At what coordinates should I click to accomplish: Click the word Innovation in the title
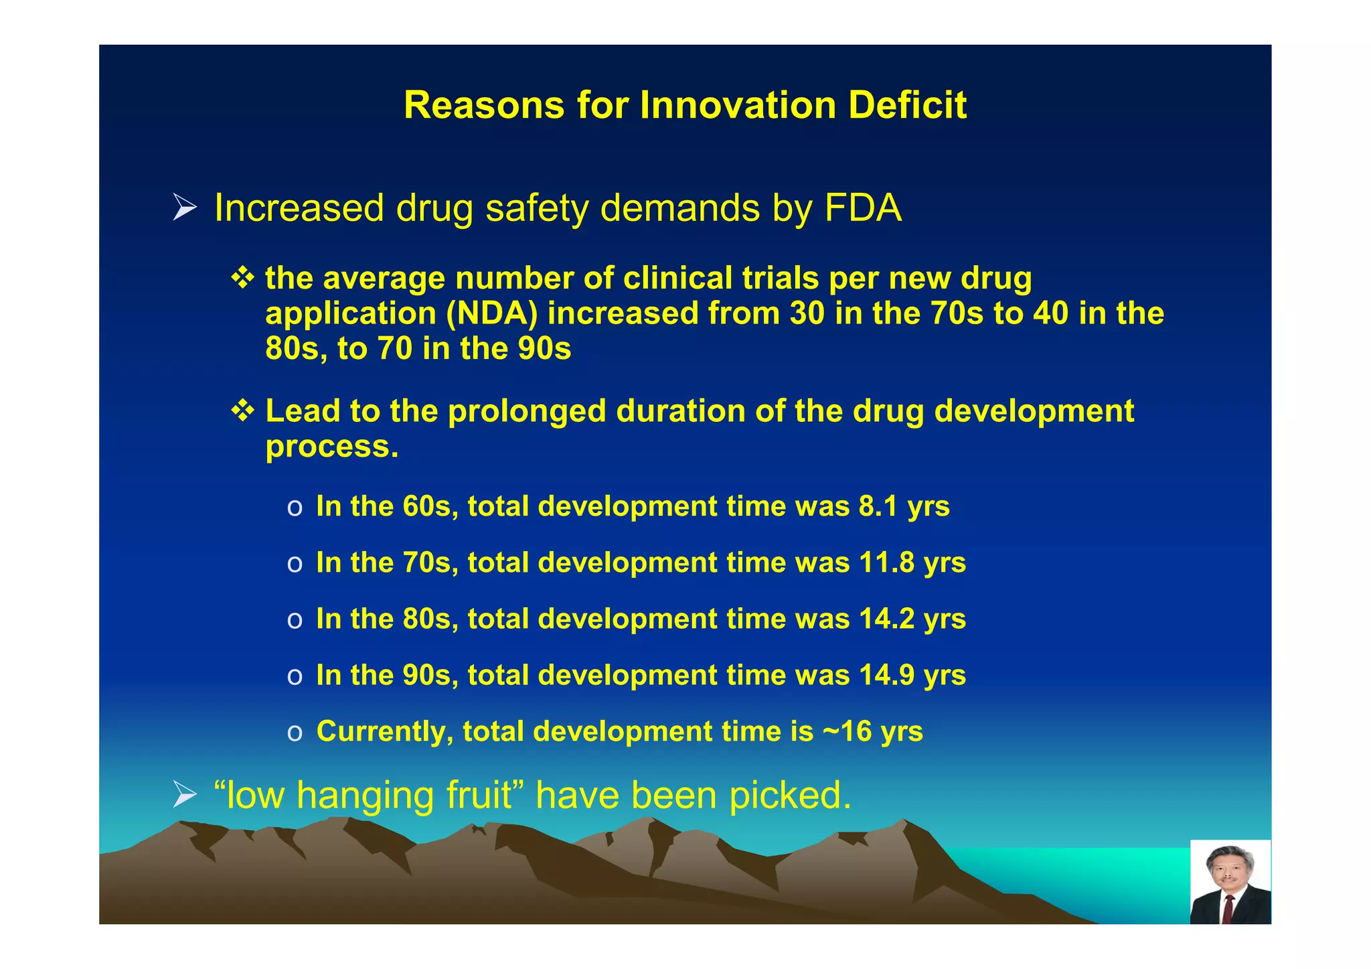point(738,106)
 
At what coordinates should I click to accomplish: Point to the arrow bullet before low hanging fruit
point(184,795)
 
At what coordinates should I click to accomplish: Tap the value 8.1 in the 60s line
point(878,506)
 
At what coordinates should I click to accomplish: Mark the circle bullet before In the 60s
point(295,508)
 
